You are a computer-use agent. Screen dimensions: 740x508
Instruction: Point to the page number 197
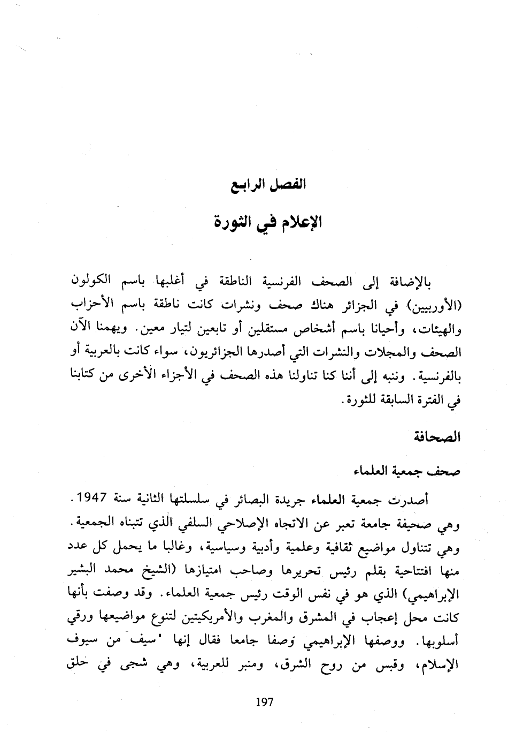(264, 702)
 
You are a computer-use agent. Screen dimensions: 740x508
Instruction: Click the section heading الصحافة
(437, 437)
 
